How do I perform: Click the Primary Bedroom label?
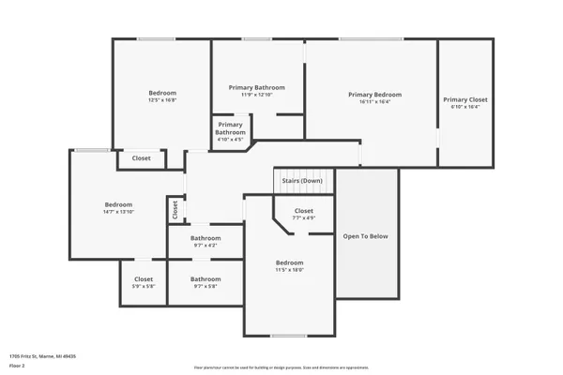point(374,95)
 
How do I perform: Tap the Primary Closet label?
point(465,99)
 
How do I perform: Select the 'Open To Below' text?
point(365,236)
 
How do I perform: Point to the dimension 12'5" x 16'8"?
point(162,100)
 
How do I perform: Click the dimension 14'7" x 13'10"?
point(118,213)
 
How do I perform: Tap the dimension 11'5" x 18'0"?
point(289,270)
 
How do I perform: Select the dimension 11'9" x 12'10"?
point(256,95)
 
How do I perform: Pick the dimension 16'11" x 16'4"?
point(374,102)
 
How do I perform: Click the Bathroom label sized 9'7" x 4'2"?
point(205,238)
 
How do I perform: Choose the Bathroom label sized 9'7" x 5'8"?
point(205,278)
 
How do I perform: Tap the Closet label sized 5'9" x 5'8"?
point(144,278)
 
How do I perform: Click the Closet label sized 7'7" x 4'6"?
point(304,211)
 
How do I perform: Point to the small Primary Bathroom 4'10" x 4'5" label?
point(231,128)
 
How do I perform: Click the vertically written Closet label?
point(175,211)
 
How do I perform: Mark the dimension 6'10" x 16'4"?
point(465,107)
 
